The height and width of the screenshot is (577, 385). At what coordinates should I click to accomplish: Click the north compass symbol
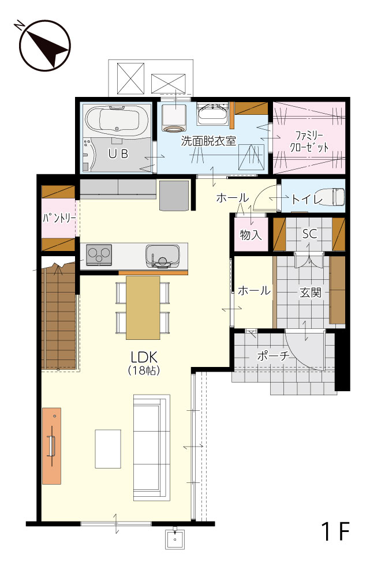pyautogui.click(x=44, y=46)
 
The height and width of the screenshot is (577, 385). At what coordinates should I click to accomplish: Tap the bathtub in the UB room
pyautogui.click(x=117, y=119)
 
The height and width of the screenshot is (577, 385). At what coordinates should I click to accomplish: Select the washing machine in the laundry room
pyautogui.click(x=174, y=118)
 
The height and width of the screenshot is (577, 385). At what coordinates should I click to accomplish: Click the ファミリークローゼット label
pyautogui.click(x=309, y=142)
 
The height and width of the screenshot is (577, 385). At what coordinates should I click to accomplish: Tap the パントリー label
pyautogui.click(x=59, y=218)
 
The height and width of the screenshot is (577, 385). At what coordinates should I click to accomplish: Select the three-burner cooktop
pyautogui.click(x=99, y=254)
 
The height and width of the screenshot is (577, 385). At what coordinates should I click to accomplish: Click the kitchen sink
pyautogui.click(x=163, y=256)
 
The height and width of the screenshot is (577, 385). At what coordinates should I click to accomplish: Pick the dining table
pyautogui.click(x=143, y=308)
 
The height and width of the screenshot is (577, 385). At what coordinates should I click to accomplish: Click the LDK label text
pyautogui.click(x=144, y=357)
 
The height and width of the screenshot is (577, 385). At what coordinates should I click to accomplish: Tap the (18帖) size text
pyautogui.click(x=144, y=370)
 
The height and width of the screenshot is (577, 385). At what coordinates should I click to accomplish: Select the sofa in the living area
pyautogui.click(x=152, y=448)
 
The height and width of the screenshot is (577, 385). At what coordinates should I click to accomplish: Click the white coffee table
pyautogui.click(x=108, y=448)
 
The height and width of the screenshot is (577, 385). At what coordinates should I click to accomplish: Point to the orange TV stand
pyautogui.click(x=51, y=446)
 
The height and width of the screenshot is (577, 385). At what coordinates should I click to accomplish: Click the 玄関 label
pyautogui.click(x=311, y=293)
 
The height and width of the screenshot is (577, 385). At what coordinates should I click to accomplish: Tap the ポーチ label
pyautogui.click(x=273, y=356)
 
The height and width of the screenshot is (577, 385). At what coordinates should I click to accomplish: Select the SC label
pyautogui.click(x=309, y=234)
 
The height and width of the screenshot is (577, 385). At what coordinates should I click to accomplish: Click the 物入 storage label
pyautogui.click(x=251, y=234)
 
